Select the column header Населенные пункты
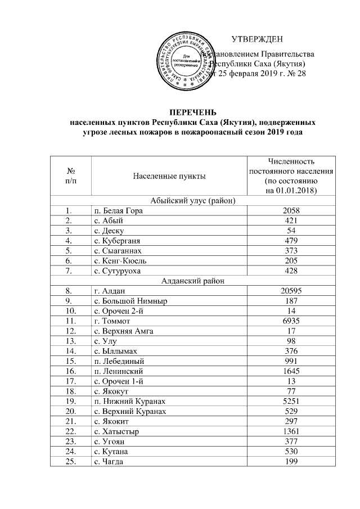(x=169, y=176)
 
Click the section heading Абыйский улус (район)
(x=192, y=200)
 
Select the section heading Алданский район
(x=192, y=281)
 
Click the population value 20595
(x=291, y=291)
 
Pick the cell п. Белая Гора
(x=118, y=210)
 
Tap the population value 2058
(x=291, y=210)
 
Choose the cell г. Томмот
(x=112, y=321)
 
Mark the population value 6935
(x=291, y=321)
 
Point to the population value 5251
(x=291, y=401)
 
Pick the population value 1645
(x=291, y=371)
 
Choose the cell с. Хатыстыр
(x=116, y=431)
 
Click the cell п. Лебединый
(x=119, y=361)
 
